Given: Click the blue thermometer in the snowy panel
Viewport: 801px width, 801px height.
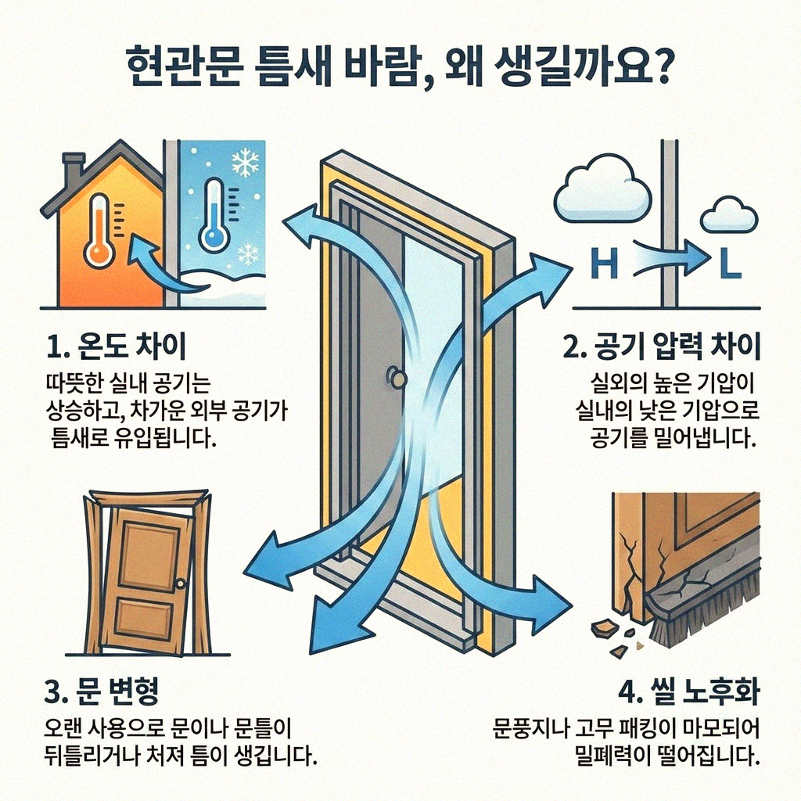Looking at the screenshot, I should click(213, 215).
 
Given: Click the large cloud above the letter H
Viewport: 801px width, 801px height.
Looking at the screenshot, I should click(602, 189).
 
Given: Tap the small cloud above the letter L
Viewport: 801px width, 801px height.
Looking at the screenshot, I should click(728, 214).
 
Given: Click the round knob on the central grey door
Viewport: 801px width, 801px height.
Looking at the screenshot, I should click(397, 379).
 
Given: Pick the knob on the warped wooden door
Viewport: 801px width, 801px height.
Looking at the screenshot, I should click(181, 584).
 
